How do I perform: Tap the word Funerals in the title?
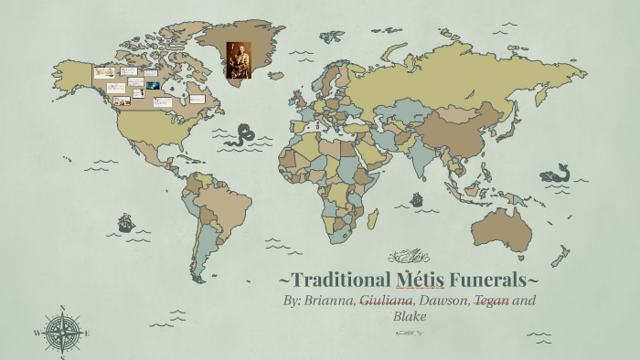point(483,278)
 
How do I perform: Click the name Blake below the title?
point(411,316)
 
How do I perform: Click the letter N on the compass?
point(62,308)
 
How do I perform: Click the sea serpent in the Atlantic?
point(241,136)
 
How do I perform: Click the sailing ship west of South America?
point(126,222)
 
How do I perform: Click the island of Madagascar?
point(373,219)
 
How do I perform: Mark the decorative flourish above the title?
point(406,255)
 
